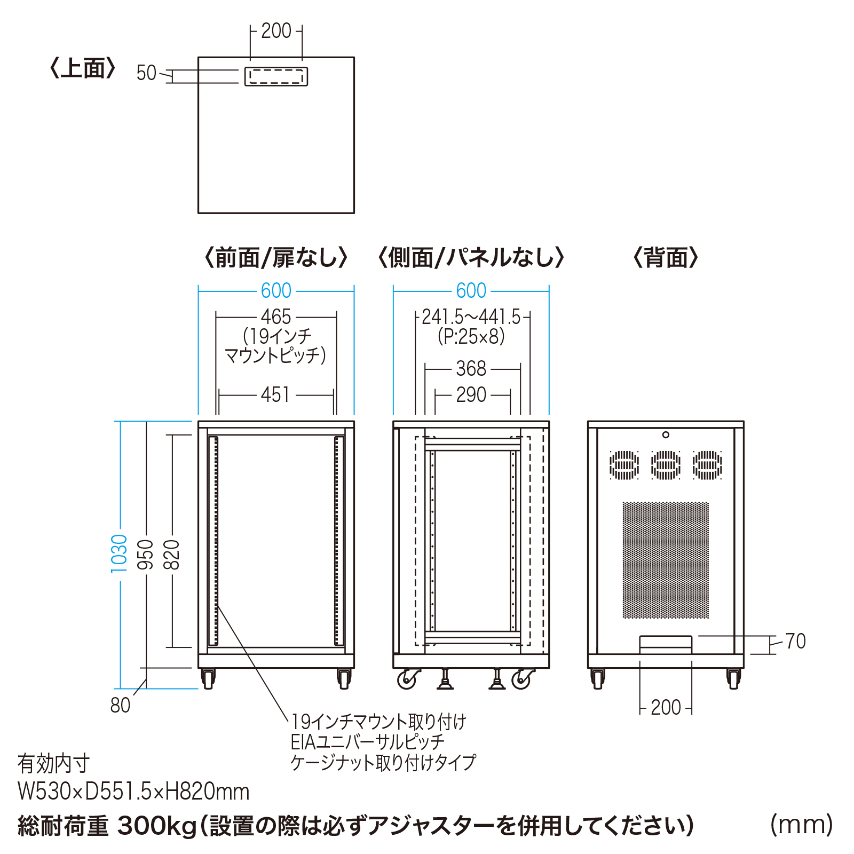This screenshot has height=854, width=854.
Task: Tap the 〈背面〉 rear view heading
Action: [666, 258]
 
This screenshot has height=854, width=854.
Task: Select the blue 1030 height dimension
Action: [119, 553]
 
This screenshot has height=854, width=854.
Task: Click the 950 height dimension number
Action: [146, 554]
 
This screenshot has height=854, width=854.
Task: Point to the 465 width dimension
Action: [276, 317]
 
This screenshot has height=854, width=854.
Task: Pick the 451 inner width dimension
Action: [276, 395]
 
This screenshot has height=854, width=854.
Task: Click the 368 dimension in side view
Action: [471, 369]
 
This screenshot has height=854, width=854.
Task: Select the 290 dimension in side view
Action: [471, 395]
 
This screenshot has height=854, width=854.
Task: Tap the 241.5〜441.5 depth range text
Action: [471, 317]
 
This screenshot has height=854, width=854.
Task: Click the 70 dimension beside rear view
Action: [795, 641]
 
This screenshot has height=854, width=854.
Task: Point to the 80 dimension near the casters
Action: [121, 705]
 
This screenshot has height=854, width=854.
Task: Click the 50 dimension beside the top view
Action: [146, 73]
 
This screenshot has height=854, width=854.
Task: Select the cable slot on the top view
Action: [276, 76]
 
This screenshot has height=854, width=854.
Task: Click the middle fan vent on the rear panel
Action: [666, 465]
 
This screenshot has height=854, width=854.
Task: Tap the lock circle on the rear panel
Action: [666, 435]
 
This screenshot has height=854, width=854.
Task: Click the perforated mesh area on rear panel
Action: [666, 560]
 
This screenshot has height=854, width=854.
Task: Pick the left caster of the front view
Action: [208, 679]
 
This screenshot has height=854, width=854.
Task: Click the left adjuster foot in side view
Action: [445, 680]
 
